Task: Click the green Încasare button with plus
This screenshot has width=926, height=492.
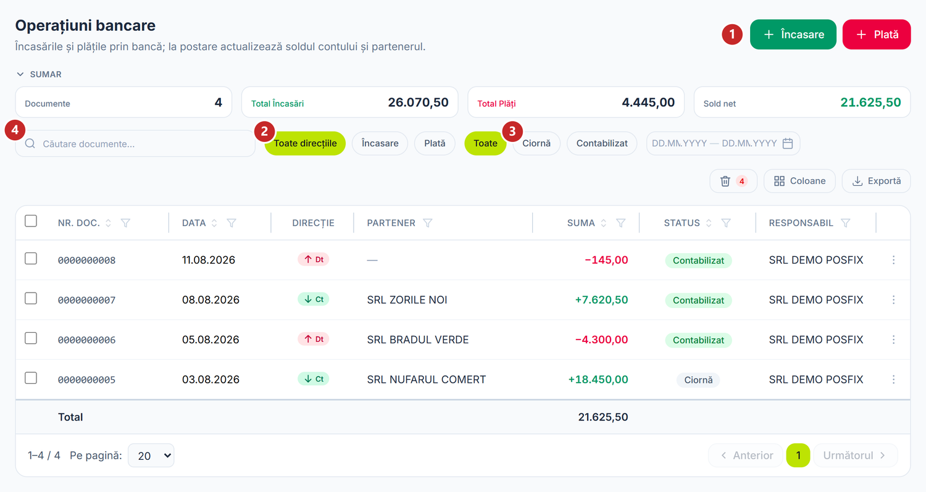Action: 793,35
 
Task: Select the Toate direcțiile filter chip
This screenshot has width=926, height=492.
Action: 305,143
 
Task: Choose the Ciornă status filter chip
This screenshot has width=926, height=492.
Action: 536,143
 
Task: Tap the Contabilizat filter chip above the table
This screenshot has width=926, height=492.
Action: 602,143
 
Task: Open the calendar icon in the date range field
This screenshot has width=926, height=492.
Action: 788,143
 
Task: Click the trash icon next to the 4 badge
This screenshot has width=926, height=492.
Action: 725,181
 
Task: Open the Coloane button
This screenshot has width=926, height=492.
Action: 799,181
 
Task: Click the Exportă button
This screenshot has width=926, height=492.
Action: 877,181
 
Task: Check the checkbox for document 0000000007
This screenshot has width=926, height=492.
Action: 31,299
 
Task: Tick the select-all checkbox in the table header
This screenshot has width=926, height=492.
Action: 31,221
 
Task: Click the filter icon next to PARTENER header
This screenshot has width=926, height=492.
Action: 427,223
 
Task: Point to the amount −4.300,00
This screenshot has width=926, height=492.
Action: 601,340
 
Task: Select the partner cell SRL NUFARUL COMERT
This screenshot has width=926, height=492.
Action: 426,380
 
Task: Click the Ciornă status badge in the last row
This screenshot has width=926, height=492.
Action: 698,380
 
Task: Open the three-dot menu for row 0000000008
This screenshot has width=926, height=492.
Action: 893,260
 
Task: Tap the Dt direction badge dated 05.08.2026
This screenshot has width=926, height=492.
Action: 314,340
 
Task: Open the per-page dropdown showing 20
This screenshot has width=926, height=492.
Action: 151,456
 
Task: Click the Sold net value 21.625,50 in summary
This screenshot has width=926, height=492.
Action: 870,102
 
